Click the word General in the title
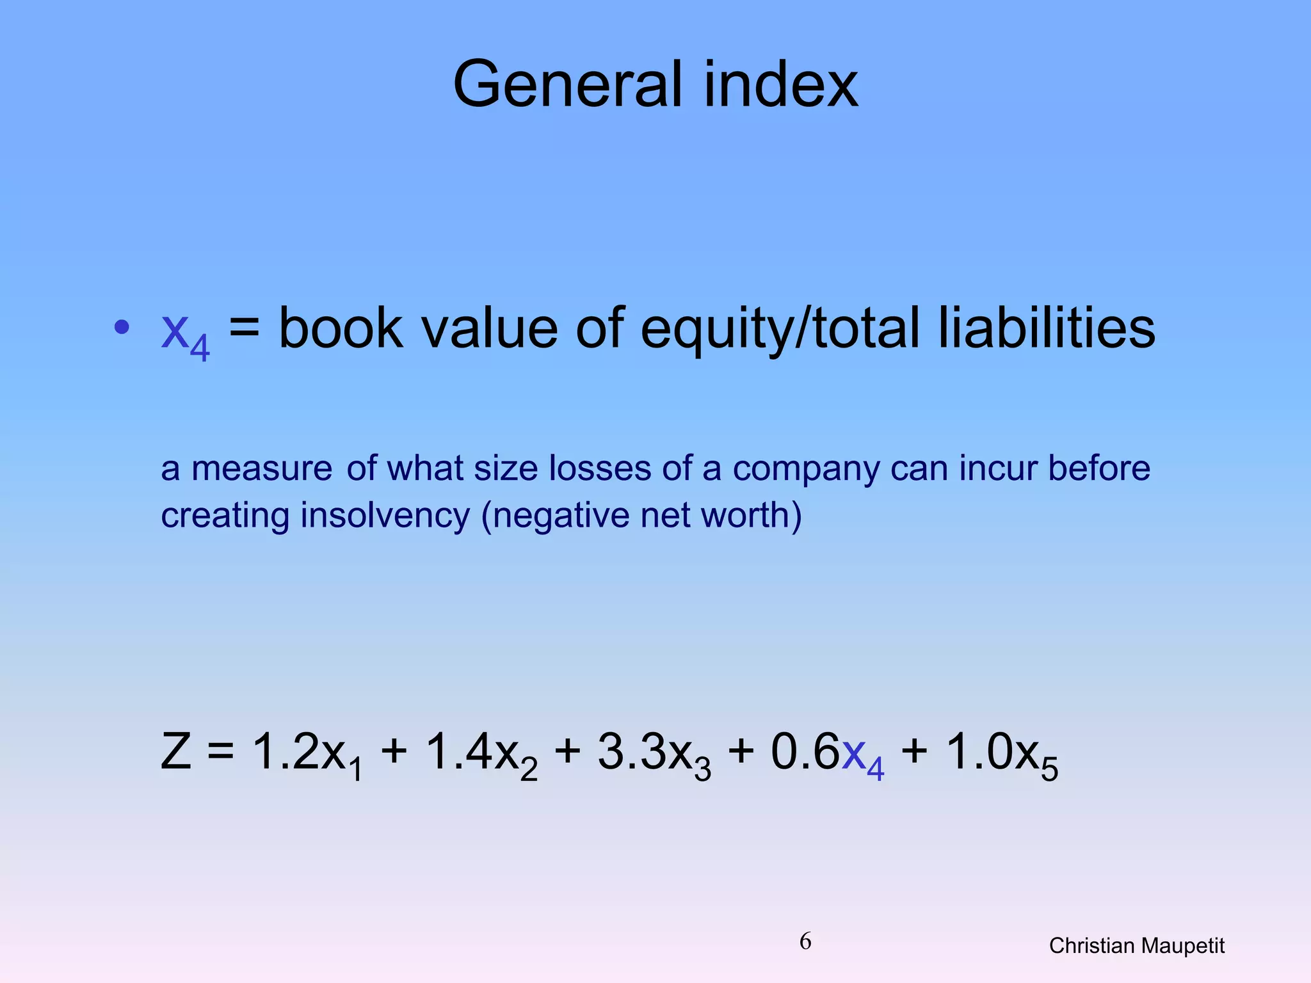point(569,84)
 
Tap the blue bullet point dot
point(122,327)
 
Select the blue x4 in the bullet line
point(185,332)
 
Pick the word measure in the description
point(262,469)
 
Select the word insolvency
point(385,516)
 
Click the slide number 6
point(805,941)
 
